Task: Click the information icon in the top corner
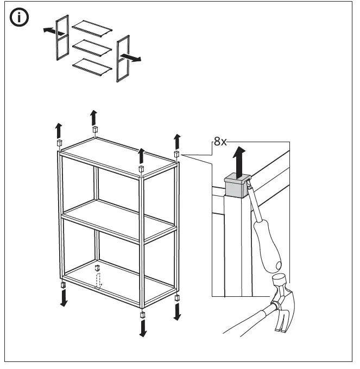(x=21, y=18)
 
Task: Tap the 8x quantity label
(x=219, y=142)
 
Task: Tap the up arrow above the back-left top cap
(x=94, y=116)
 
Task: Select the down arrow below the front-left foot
(x=64, y=297)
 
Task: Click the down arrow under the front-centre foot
(x=143, y=327)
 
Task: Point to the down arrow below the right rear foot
(x=178, y=311)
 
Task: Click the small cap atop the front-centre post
(x=141, y=169)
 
